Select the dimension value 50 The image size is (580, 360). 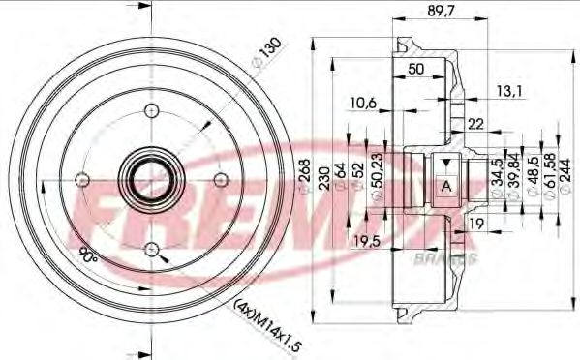(415, 69)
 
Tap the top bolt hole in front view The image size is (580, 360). (150, 108)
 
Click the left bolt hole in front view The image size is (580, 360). (81, 178)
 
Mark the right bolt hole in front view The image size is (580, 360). (220, 178)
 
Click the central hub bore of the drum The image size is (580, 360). (150, 178)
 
